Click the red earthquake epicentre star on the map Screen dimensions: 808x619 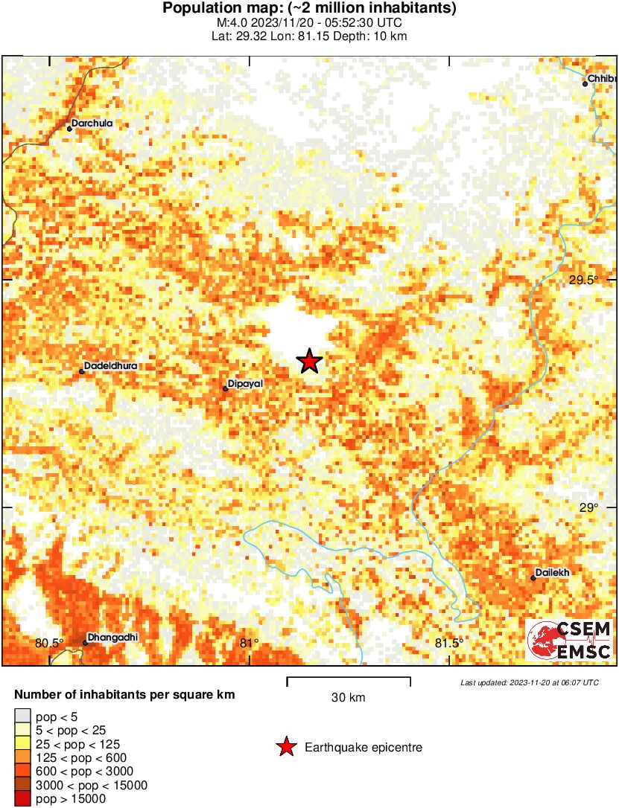coord(309,362)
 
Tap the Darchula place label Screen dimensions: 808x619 coord(93,124)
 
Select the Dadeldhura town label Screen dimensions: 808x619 coord(111,366)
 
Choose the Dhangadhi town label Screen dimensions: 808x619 coord(113,638)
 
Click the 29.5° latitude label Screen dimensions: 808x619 coord(584,280)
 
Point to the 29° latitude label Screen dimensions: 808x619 coord(589,507)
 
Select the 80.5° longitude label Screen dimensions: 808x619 coord(50,643)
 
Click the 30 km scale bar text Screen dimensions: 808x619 coord(348,698)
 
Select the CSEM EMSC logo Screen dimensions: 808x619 coord(570,640)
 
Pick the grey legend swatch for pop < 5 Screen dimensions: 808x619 coord(22,717)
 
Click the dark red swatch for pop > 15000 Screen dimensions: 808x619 coord(22,799)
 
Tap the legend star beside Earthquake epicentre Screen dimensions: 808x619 coord(285,747)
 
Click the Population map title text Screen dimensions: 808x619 coord(309,9)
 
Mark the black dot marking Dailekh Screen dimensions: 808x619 coord(533,578)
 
